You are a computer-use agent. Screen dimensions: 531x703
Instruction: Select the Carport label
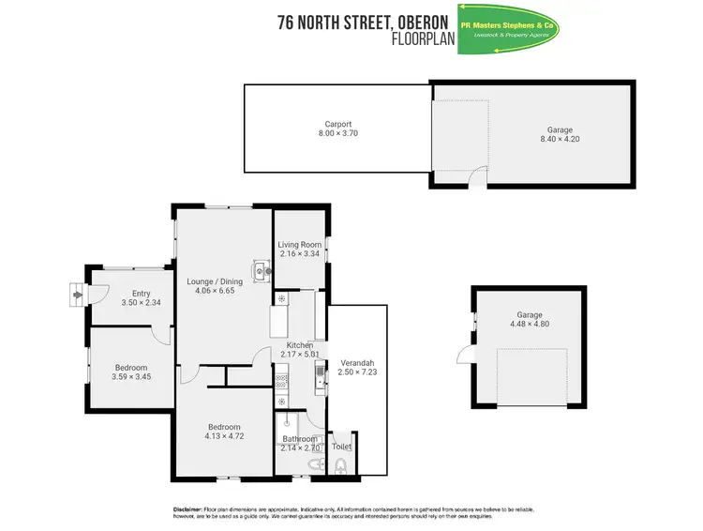337,124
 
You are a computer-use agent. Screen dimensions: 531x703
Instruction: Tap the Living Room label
299,244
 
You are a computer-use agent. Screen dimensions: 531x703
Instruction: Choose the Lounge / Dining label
215,281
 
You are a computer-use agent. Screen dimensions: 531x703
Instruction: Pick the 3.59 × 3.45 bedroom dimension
132,377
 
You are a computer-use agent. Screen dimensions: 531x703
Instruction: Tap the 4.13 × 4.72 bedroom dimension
224,436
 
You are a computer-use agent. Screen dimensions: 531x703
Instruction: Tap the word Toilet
341,447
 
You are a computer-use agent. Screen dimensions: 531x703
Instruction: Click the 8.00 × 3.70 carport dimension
337,133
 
